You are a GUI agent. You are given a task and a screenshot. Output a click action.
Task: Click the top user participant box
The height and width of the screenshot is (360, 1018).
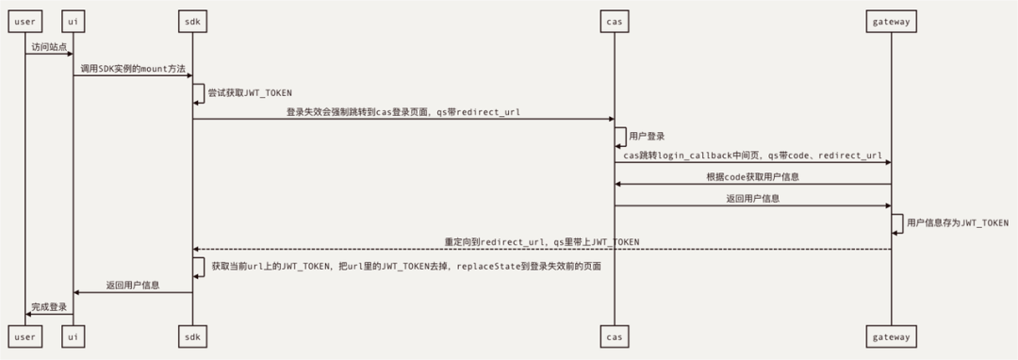tap(25, 21)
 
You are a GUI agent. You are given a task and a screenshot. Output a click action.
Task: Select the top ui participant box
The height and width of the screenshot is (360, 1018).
tap(74, 21)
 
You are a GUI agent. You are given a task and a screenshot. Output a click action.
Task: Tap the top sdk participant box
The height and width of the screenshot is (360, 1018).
tap(192, 21)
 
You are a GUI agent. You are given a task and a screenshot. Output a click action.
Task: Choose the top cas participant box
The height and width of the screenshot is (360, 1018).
tap(615, 21)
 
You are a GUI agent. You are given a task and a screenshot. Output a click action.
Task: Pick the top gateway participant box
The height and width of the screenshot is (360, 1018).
tap(891, 21)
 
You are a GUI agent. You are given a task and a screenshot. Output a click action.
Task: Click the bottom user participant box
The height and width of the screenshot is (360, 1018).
tap(25, 336)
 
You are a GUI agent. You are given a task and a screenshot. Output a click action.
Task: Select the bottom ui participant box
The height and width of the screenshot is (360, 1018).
tap(74, 336)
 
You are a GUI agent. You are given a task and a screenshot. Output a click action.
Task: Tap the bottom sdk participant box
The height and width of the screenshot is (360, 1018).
tap(192, 336)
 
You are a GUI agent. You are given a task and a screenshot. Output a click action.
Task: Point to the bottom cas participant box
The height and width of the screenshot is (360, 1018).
tap(615, 336)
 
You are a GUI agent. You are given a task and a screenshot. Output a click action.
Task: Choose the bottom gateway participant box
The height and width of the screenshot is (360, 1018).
tap(891, 336)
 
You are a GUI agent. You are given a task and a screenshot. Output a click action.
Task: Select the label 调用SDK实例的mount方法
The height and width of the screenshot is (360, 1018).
tap(133, 69)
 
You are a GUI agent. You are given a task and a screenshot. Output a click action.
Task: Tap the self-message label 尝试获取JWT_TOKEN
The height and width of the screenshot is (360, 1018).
tap(250, 93)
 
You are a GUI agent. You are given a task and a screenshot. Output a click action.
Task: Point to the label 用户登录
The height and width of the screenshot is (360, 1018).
tap(648, 137)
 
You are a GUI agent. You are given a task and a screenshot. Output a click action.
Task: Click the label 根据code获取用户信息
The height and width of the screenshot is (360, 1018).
tap(752, 177)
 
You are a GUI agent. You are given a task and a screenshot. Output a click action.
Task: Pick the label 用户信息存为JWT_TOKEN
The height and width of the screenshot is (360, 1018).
tap(957, 223)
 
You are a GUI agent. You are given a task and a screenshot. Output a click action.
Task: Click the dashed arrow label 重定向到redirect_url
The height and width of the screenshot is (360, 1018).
tap(542, 242)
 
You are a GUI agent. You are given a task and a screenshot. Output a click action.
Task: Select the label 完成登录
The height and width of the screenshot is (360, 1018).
tap(49, 307)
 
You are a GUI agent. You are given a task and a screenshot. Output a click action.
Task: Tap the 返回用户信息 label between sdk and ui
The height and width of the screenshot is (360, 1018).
tap(133, 285)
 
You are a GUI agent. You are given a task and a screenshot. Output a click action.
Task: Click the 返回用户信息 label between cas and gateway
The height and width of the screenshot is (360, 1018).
tap(752, 199)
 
